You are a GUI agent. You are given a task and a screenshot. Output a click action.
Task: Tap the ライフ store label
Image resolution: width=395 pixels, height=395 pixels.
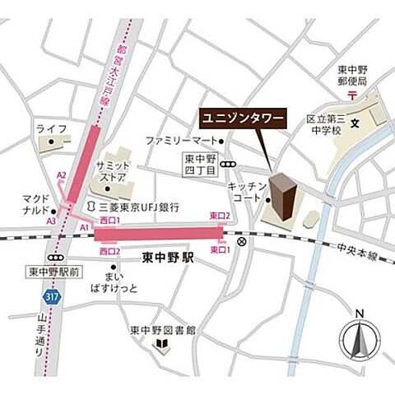tap(51, 128)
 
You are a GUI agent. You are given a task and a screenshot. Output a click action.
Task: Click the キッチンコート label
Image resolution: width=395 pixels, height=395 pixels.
tap(244, 193)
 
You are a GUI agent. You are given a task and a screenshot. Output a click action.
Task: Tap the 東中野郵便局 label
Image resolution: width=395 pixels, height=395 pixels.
tap(351, 76)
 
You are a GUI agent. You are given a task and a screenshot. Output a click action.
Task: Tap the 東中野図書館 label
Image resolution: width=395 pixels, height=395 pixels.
tap(163, 331)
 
